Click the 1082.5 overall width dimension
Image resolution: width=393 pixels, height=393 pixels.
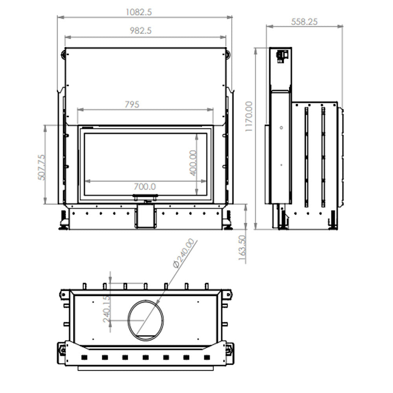tap(139, 12)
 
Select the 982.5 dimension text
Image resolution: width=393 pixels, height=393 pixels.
tap(141, 31)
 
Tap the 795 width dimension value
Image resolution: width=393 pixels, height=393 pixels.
tap(132, 105)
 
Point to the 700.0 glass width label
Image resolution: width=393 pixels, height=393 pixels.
tap(145, 186)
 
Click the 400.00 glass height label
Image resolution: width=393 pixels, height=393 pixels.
tap(193, 163)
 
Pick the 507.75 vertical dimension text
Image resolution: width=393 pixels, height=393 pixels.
tap(42, 167)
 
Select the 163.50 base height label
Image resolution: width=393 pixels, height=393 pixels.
tap(242, 248)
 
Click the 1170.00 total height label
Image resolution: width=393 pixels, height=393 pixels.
tap(249, 116)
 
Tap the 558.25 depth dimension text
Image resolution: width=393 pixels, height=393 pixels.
tap(304, 22)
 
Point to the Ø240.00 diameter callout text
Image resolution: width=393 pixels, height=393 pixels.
tap(184, 253)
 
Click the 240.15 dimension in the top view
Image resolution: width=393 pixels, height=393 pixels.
tap(107, 309)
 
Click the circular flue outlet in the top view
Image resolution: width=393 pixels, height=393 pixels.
tap(146, 321)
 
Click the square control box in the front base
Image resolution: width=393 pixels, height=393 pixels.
tap(146, 216)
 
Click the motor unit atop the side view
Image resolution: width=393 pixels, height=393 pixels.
tap(282, 56)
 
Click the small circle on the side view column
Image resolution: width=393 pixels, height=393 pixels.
tap(281, 128)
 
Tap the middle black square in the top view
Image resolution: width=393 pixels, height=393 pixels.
tap(146, 357)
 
